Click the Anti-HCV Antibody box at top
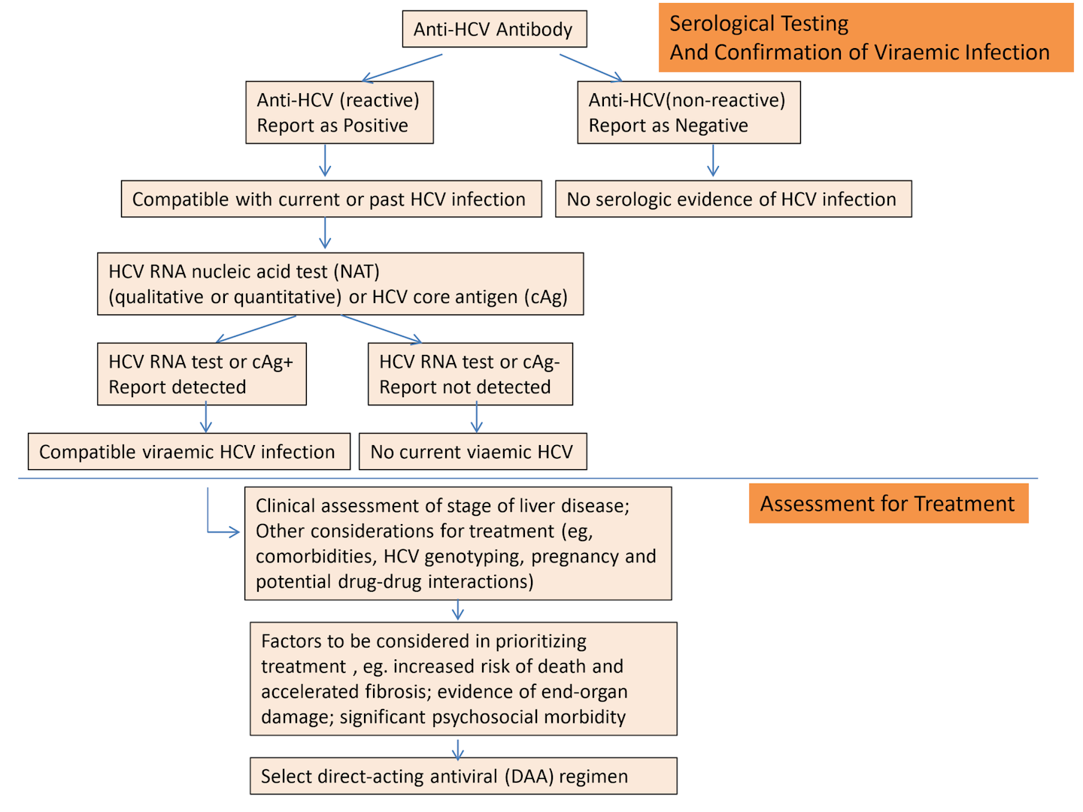pyautogui.click(x=494, y=29)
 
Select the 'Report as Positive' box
pyautogui.click(x=339, y=113)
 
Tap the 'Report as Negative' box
pyautogui.click(x=688, y=113)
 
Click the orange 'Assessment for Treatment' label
pyautogui.click(x=887, y=504)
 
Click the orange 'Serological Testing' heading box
pyautogui.click(x=865, y=38)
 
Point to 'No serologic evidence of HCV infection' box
pyautogui.click(x=733, y=199)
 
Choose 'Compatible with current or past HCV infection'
pyautogui.click(x=331, y=199)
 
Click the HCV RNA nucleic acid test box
pyautogui.click(x=340, y=284)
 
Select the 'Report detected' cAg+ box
pyautogui.click(x=202, y=374)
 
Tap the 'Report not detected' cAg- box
pyautogui.click(x=470, y=374)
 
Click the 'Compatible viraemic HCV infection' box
pyautogui.click(x=189, y=452)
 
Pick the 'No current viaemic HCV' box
pyautogui.click(x=472, y=452)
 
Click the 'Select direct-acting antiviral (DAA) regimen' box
pyautogui.click(x=463, y=776)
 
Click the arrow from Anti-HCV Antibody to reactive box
pyautogui.click(x=402, y=67)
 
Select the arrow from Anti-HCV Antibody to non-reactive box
pyautogui.click(x=590, y=67)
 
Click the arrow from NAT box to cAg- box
pyautogui.click(x=381, y=329)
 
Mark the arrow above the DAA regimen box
pyautogui.click(x=458, y=748)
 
